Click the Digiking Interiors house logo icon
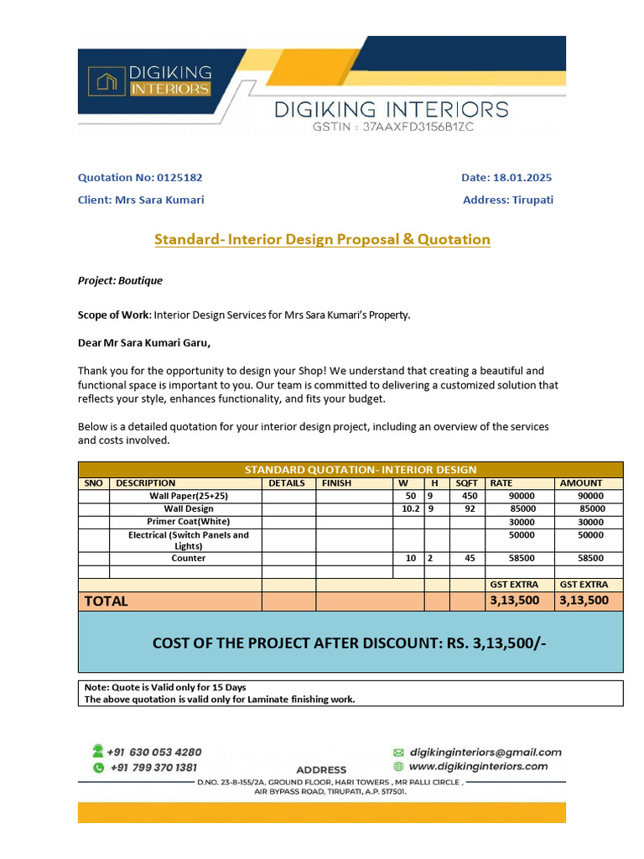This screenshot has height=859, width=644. [x=106, y=81]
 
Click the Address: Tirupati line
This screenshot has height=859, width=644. [x=507, y=200]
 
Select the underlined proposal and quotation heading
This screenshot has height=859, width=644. [x=322, y=240]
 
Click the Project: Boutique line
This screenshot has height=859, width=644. [x=120, y=280]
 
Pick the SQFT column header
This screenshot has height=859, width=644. [x=466, y=483]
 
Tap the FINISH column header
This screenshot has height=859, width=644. [x=337, y=483]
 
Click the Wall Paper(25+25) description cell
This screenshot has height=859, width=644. [x=188, y=496]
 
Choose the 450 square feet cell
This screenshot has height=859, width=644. [x=469, y=496]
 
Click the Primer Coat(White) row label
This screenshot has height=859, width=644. [x=188, y=521]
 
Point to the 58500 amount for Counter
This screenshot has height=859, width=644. [x=590, y=558]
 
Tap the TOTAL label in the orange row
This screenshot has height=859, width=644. [x=106, y=601]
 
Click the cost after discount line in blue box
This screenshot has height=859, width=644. [x=351, y=643]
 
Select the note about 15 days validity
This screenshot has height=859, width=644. [x=165, y=687]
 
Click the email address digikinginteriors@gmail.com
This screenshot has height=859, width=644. [x=485, y=752]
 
